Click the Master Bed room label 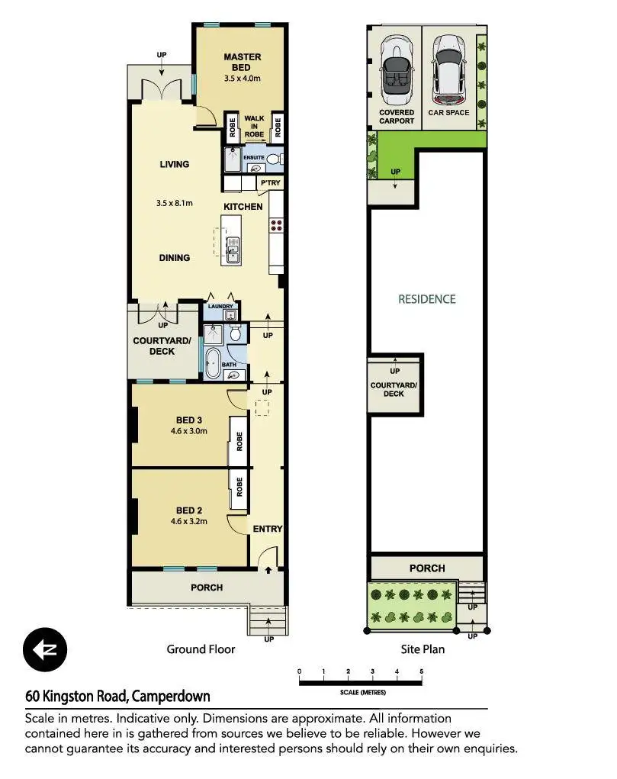point(243,62)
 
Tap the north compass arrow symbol point(45,649)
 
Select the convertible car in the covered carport point(397,70)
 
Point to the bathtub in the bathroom point(213,363)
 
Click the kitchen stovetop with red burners point(277,226)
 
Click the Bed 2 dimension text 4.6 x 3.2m point(189,521)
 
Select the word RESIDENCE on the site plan point(427,299)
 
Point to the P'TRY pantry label point(271,183)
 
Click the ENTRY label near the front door point(267,529)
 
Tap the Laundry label point(220,307)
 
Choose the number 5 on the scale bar point(421,671)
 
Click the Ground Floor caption point(201,649)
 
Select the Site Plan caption point(423,649)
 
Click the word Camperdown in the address point(171,696)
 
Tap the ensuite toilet point(273,159)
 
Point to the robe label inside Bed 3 point(239,441)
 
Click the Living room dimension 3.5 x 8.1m point(175,203)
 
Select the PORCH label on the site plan point(427,568)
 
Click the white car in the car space point(448,70)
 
